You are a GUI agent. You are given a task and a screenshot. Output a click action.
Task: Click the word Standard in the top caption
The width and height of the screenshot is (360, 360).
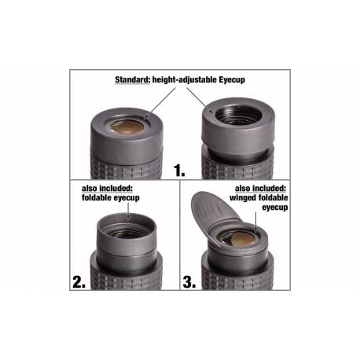pos(133,79)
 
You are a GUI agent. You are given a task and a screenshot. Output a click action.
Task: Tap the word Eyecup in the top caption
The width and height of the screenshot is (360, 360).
pos(232,79)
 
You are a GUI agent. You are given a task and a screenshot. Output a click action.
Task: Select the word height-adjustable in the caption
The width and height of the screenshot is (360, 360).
pos(185,79)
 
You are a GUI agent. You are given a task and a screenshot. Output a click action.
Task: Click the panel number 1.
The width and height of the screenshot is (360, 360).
pos(179,171)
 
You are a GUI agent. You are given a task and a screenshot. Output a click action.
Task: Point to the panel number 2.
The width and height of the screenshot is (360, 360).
pos(79,282)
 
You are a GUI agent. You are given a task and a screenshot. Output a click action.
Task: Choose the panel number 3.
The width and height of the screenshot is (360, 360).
pos(189,282)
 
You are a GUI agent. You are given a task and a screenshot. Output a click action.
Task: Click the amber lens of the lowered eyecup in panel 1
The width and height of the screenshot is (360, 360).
pos(127,127)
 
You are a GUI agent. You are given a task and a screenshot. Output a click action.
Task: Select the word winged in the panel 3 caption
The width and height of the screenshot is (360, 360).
pos(243,198)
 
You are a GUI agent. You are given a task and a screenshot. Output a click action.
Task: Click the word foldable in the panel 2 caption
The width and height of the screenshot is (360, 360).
pos(96,197)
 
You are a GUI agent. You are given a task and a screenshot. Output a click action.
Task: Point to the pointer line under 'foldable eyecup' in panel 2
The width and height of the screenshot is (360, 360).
pos(128,211)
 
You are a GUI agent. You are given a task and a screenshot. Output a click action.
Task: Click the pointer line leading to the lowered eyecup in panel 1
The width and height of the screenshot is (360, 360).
pos(160,103)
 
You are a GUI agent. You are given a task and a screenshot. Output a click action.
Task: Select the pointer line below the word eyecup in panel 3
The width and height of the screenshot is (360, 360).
pos(256,222)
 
